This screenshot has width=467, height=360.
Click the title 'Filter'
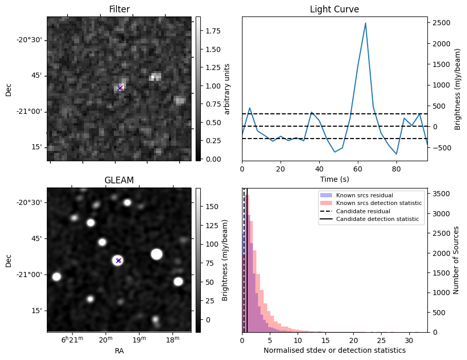119,9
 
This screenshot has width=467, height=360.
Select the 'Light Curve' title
334,9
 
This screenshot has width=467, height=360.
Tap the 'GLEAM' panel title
119,180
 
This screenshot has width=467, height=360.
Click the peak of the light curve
365,23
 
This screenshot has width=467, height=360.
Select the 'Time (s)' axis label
334,178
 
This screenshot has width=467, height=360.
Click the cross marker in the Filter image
119,88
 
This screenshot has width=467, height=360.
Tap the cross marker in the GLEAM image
118,261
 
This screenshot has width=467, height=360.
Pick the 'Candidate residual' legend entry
363,211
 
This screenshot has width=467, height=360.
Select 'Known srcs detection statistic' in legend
378,203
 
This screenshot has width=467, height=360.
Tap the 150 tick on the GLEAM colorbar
207,207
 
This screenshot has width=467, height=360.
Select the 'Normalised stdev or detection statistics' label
334,350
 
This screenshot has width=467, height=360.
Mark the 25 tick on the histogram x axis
381,340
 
